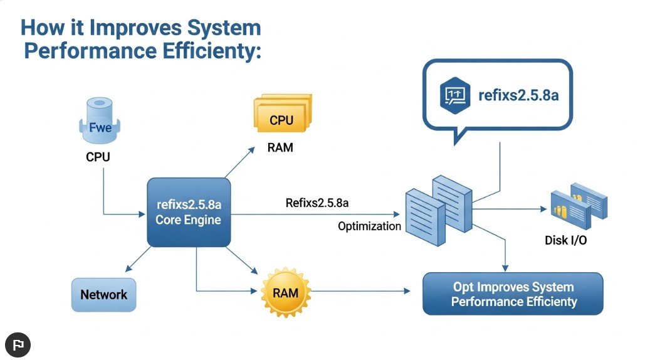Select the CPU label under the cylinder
pyautogui.click(x=98, y=157)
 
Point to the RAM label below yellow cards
pyautogui.click(x=280, y=149)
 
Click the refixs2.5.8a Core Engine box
pyautogui.click(x=188, y=212)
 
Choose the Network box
pyautogui.click(x=103, y=294)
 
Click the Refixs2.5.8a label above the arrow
pyautogui.click(x=317, y=203)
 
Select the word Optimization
pyautogui.click(x=369, y=226)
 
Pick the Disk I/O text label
pyautogui.click(x=566, y=240)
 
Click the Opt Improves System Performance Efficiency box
pyautogui.click(x=513, y=294)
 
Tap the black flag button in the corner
pyautogui.click(x=18, y=344)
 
